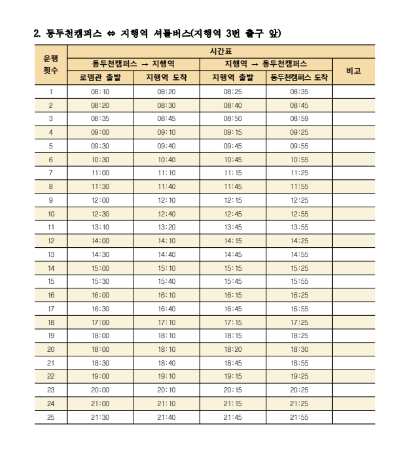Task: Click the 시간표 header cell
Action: click(x=221, y=50)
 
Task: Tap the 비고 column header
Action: click(x=353, y=71)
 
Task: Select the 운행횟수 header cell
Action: click(x=50, y=64)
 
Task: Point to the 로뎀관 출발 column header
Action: click(x=100, y=78)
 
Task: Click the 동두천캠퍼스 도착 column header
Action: click(x=299, y=78)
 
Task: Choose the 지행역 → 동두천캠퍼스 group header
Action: click(x=266, y=64)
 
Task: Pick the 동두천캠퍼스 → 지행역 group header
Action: click(x=133, y=64)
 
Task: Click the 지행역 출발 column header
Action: click(x=233, y=78)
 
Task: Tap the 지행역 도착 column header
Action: click(x=166, y=78)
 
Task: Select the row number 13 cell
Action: click(x=50, y=254)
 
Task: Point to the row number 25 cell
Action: click(x=50, y=417)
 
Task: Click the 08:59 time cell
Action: click(x=299, y=119)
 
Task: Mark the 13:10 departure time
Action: click(x=100, y=227)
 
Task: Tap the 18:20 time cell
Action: click(x=233, y=349)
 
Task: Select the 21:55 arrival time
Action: click(x=299, y=417)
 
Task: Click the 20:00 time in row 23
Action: click(x=100, y=390)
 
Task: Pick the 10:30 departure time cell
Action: click(x=100, y=160)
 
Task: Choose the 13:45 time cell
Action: click(x=233, y=227)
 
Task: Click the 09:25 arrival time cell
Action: click(x=299, y=132)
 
